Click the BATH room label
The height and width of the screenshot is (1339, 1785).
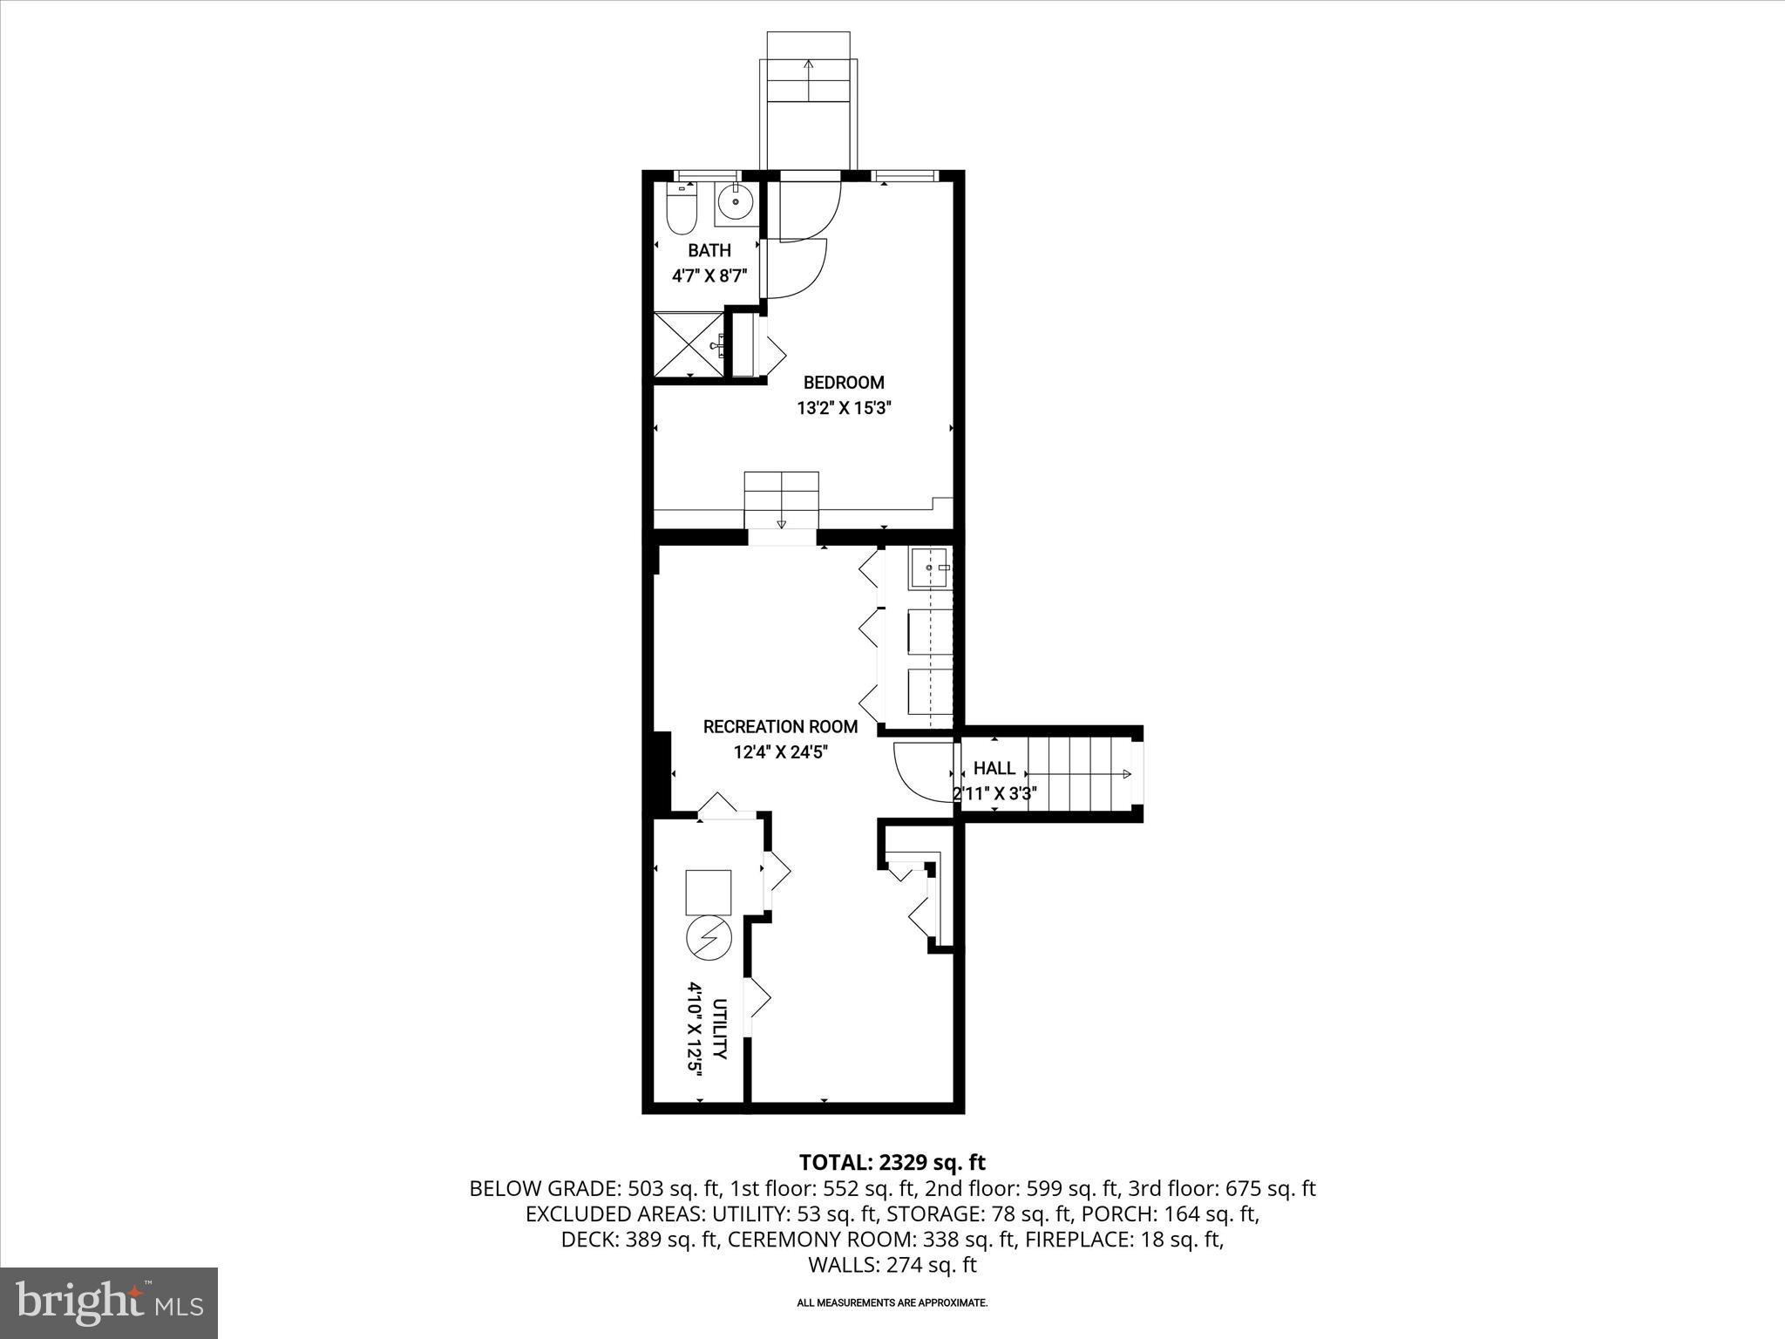[x=709, y=251]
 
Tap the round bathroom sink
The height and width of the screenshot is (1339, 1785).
[x=737, y=203]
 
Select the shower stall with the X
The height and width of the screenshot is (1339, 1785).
[x=689, y=345]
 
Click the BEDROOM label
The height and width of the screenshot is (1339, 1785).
[x=843, y=383]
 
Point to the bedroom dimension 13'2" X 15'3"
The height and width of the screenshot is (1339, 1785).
[x=844, y=408]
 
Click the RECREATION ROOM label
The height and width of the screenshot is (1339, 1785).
[x=780, y=726]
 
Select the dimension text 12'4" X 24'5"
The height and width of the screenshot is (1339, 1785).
[x=780, y=751]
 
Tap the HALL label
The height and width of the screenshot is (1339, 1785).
[x=994, y=768]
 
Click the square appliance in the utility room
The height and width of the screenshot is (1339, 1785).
[x=709, y=892]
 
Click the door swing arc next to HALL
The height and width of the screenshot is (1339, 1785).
[x=922, y=770]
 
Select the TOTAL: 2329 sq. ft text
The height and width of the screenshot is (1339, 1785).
[x=892, y=1162]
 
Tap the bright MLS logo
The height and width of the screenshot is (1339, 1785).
[x=109, y=1302]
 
